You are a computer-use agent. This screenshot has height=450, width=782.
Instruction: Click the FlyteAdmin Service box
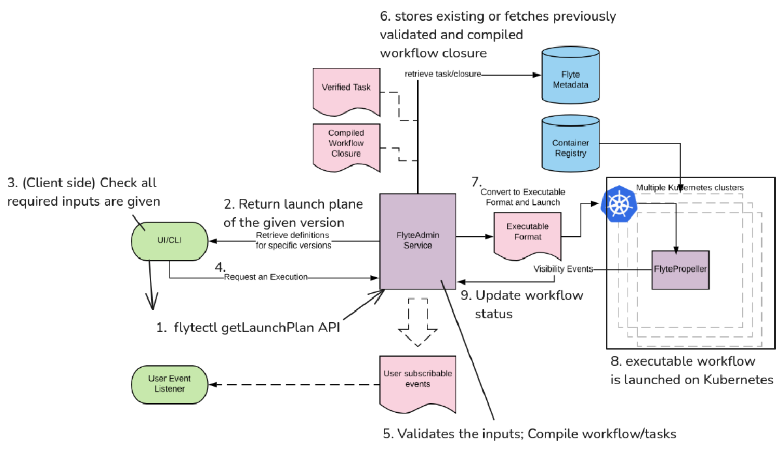coord(418,241)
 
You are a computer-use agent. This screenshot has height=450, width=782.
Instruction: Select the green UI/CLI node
coord(169,241)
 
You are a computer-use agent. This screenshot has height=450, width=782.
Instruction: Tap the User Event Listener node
coord(169,385)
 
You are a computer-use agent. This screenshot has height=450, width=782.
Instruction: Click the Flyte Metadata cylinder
coord(570,75)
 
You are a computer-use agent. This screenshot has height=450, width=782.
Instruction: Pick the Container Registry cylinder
coord(570,143)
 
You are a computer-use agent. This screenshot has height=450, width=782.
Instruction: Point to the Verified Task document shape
coord(346,92)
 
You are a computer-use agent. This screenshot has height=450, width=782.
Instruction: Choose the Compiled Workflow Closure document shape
coord(346,148)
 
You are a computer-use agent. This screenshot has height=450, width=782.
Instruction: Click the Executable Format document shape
coord(527,236)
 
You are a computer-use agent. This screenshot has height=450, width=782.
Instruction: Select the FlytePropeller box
coord(680,270)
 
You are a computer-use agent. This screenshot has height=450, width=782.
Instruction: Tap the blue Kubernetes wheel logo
coord(618,204)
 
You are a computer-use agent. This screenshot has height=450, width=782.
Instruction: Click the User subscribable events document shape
coord(418,384)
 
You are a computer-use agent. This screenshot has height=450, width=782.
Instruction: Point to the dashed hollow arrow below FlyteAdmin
coord(418,322)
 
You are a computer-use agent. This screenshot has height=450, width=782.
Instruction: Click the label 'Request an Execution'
coord(266,277)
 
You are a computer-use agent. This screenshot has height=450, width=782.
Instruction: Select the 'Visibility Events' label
coord(563,269)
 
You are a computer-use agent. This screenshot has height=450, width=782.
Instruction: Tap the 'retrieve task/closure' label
coord(442,74)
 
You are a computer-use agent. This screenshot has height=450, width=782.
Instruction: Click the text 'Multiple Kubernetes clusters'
coord(690,188)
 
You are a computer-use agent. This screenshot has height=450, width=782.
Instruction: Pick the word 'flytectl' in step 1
coord(196,327)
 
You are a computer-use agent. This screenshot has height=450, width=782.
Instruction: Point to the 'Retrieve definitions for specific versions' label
coord(293,241)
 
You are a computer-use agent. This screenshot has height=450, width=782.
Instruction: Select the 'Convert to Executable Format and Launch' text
coord(523,197)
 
